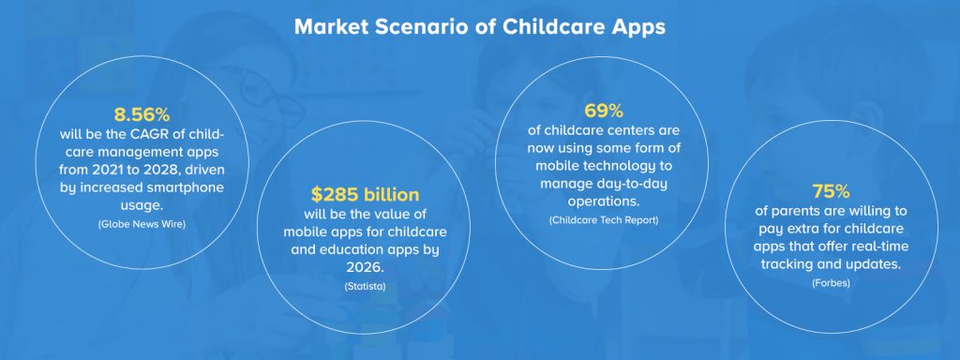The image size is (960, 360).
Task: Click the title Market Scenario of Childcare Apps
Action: click(x=479, y=26)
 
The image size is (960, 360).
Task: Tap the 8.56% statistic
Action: click(x=142, y=114)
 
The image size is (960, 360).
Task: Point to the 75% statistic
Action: click(x=830, y=191)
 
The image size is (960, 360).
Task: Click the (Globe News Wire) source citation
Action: click(x=142, y=224)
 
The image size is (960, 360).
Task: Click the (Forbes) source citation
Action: click(x=830, y=280)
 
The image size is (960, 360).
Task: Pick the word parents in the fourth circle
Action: click(x=794, y=211)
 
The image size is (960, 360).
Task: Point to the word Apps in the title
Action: click(x=634, y=26)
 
